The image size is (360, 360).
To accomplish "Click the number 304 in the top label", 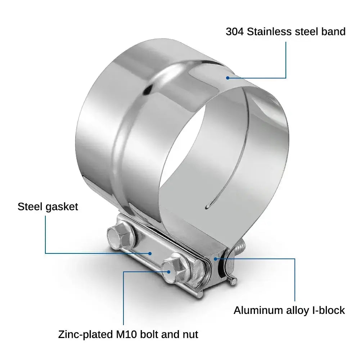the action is (234, 32).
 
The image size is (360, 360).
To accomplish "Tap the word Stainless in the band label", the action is (269, 32).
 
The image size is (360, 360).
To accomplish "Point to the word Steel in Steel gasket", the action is (30, 207).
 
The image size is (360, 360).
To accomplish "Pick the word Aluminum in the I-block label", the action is (258, 310).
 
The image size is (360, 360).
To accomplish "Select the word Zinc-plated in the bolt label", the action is (85, 335).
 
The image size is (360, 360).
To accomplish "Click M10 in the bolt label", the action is (126, 334).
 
